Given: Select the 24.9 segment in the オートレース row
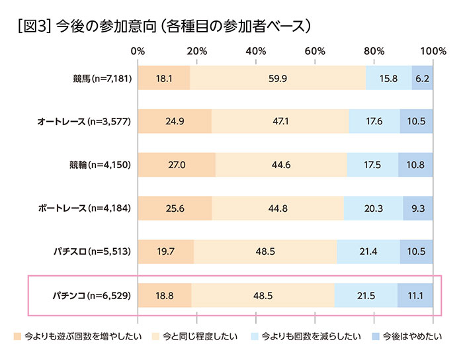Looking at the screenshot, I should pos(175,122).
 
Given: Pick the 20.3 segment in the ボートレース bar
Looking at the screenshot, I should pos(373,208).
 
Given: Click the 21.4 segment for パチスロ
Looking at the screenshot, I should pos(368,251).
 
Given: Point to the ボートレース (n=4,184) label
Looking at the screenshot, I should pos(86,208).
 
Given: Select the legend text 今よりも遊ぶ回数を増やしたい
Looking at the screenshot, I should pos(83,336).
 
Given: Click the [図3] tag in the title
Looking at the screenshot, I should pos(30,26).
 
